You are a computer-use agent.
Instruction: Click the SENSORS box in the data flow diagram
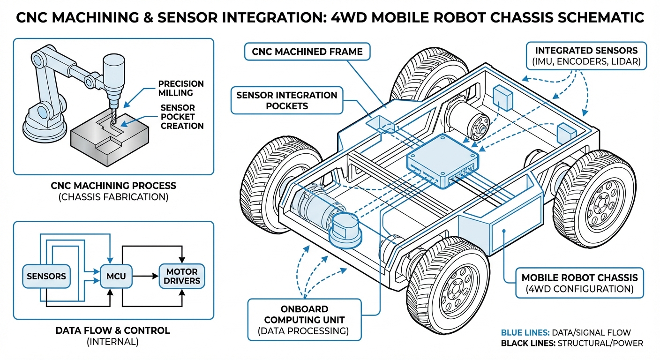pyautogui.click(x=46, y=276)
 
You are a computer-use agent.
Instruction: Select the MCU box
pyautogui.click(x=116, y=276)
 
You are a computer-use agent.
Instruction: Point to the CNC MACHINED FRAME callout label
pyautogui.click(x=307, y=52)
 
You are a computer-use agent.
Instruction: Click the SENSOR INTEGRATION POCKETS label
pyautogui.click(x=286, y=100)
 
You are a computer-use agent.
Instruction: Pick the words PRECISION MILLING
pyautogui.click(x=180, y=88)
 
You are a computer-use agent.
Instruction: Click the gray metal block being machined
pyautogui.click(x=108, y=143)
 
